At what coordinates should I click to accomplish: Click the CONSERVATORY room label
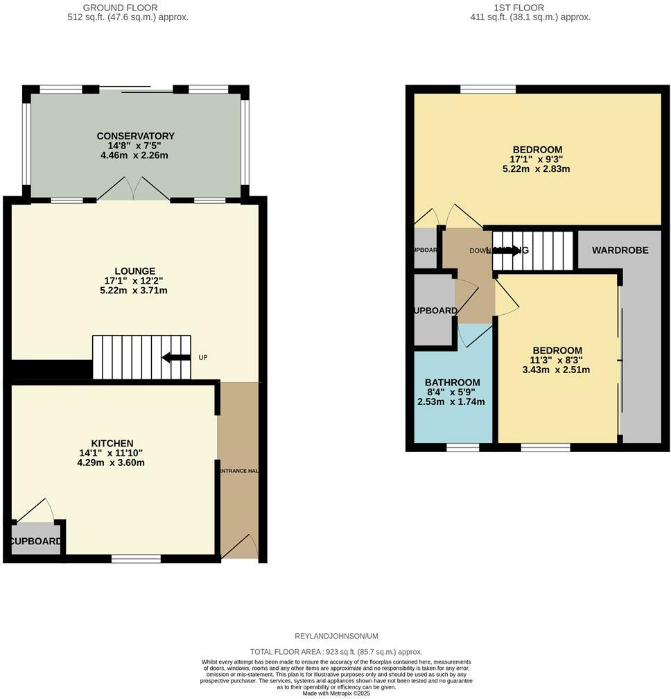tap(135, 136)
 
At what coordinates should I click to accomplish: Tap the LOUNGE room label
tap(134, 271)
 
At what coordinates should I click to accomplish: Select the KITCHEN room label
tap(112, 443)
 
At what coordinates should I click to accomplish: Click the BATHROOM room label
tap(452, 382)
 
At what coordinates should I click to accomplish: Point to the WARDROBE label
tap(620, 250)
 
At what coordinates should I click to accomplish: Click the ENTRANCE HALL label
tap(239, 471)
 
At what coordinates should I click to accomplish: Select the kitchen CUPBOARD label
tap(36, 542)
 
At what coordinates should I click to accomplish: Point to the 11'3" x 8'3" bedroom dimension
tap(557, 361)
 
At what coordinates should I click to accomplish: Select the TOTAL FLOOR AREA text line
tap(336, 652)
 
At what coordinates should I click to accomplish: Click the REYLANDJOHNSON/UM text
tap(335, 636)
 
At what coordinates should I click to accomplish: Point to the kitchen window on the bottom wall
tap(136, 558)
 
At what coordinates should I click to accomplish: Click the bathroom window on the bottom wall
tap(462, 447)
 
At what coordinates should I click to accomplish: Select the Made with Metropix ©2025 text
tap(336, 693)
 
